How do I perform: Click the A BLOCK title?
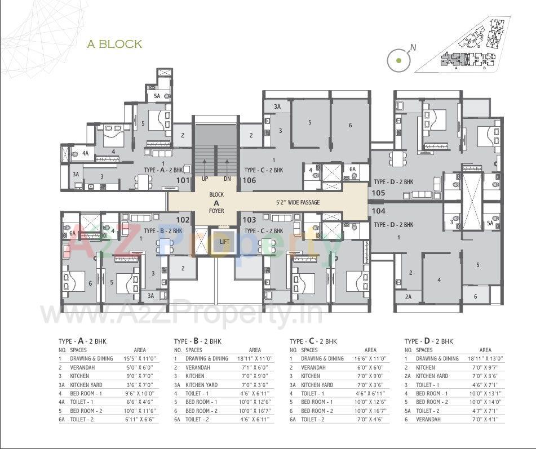pyautogui.click(x=114, y=44)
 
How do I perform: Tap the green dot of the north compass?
pyautogui.click(x=399, y=60)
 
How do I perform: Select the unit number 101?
pyautogui.click(x=183, y=180)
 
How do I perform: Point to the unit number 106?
pyautogui.click(x=249, y=180)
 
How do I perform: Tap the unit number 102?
pyautogui.click(x=183, y=220)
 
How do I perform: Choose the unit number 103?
pyautogui.click(x=249, y=220)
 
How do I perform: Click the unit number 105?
pyautogui.click(x=378, y=193)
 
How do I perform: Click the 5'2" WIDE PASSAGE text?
pyautogui.click(x=299, y=202)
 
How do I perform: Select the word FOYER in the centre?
pyautogui.click(x=216, y=211)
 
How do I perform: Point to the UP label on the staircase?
pyautogui.click(x=205, y=179)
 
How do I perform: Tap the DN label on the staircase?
pyautogui.click(x=227, y=179)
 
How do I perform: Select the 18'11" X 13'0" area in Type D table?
pyautogui.click(x=485, y=358)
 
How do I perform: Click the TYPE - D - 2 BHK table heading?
pyautogui.click(x=429, y=341)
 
